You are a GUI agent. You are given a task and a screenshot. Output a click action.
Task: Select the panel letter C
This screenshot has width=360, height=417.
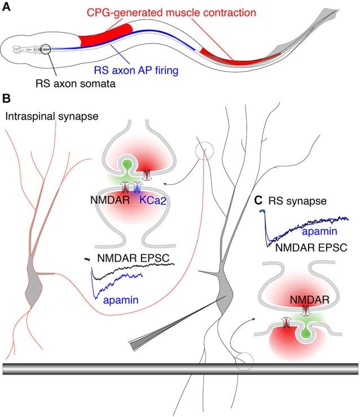258,200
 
